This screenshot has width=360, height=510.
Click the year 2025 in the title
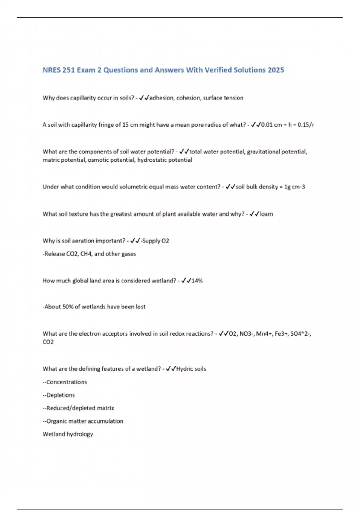tap(276, 70)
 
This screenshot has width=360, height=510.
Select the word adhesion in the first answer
tap(161, 98)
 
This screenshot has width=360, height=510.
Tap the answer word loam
tap(266, 214)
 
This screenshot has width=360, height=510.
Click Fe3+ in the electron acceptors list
tap(281, 334)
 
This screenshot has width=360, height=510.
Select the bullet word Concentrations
tap(67, 382)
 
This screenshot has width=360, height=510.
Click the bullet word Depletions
tap(61, 395)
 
